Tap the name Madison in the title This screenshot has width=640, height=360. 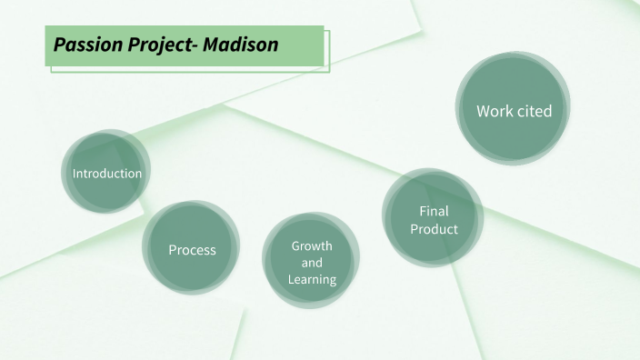click(243, 45)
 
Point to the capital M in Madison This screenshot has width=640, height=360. click(216, 45)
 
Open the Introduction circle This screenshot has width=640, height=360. click(107, 173)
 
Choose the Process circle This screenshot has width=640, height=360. click(192, 249)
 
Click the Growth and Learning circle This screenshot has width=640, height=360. click(312, 263)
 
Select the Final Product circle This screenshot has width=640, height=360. click(434, 220)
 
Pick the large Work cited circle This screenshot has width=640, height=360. click(514, 110)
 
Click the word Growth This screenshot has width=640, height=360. click(312, 246)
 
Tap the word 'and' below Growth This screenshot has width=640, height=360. click(312, 263)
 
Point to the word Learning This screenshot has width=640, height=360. click(312, 279)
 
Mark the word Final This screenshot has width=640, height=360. click(434, 212)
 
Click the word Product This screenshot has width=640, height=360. click(434, 229)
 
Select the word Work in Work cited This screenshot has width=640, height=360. click(495, 111)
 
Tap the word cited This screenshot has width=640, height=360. click(534, 111)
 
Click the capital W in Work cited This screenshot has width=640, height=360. click(483, 111)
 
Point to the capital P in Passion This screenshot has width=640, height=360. click(59, 45)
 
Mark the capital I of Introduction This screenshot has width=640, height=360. click(75, 173)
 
